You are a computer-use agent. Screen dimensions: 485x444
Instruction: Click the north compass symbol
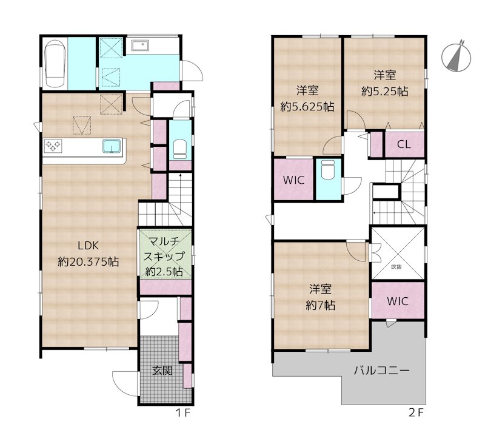pyautogui.click(x=456, y=56)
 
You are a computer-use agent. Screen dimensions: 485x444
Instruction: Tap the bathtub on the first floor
pyautogui.click(x=55, y=64)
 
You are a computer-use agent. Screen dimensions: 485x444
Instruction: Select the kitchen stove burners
pyautogui.click(x=53, y=146)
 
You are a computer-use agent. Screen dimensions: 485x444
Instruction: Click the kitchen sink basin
pyautogui.click(x=112, y=146)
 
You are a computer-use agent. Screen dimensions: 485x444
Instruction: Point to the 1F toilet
pyautogui.click(x=180, y=149)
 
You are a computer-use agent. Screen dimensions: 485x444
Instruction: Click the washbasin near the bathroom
pyautogui.click(x=141, y=45)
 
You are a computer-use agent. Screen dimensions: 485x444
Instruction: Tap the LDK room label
pyautogui.click(x=88, y=246)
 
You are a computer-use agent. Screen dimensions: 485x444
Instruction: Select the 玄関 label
pyautogui.click(x=162, y=371)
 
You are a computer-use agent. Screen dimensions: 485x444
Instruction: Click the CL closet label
pyautogui.click(x=404, y=144)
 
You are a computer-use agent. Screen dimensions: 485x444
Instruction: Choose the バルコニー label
pyautogui.click(x=382, y=370)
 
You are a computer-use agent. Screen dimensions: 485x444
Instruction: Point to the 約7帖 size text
pyautogui.click(x=321, y=306)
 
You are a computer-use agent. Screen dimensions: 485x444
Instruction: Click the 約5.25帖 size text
pyautogui.click(x=385, y=91)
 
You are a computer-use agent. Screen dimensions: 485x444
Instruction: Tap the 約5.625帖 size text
pyautogui.click(x=307, y=107)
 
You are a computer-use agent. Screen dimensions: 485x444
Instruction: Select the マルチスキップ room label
pyautogui.click(x=164, y=249)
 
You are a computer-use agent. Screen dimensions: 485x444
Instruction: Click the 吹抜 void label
pyautogui.click(x=396, y=267)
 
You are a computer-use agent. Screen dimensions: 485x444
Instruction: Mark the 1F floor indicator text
pyautogui.click(x=182, y=412)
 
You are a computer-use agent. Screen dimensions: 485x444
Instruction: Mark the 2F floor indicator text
pyautogui.click(x=415, y=412)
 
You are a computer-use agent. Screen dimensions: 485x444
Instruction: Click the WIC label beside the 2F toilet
pyautogui.click(x=293, y=180)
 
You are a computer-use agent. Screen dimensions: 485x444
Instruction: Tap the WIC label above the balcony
pyautogui.click(x=398, y=301)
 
